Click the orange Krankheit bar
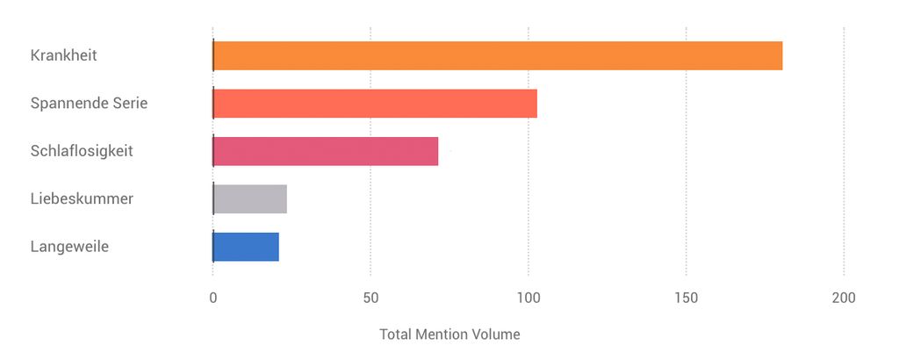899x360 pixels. (x=497, y=55)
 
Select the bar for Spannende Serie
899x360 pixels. (x=375, y=104)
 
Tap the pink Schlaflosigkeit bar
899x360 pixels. (x=325, y=151)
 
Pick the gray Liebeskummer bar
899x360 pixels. (x=250, y=199)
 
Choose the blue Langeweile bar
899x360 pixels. (x=246, y=247)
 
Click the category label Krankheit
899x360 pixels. (x=63, y=55)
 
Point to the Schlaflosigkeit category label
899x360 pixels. (x=82, y=151)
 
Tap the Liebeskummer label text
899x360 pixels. (x=82, y=199)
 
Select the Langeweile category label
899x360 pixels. (x=69, y=247)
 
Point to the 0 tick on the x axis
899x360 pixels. (x=212, y=299)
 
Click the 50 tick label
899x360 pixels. (x=370, y=299)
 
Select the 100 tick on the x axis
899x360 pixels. (x=529, y=299)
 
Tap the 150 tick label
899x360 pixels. (x=687, y=299)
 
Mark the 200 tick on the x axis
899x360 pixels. (x=844, y=299)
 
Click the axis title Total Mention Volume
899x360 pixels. (x=449, y=335)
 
